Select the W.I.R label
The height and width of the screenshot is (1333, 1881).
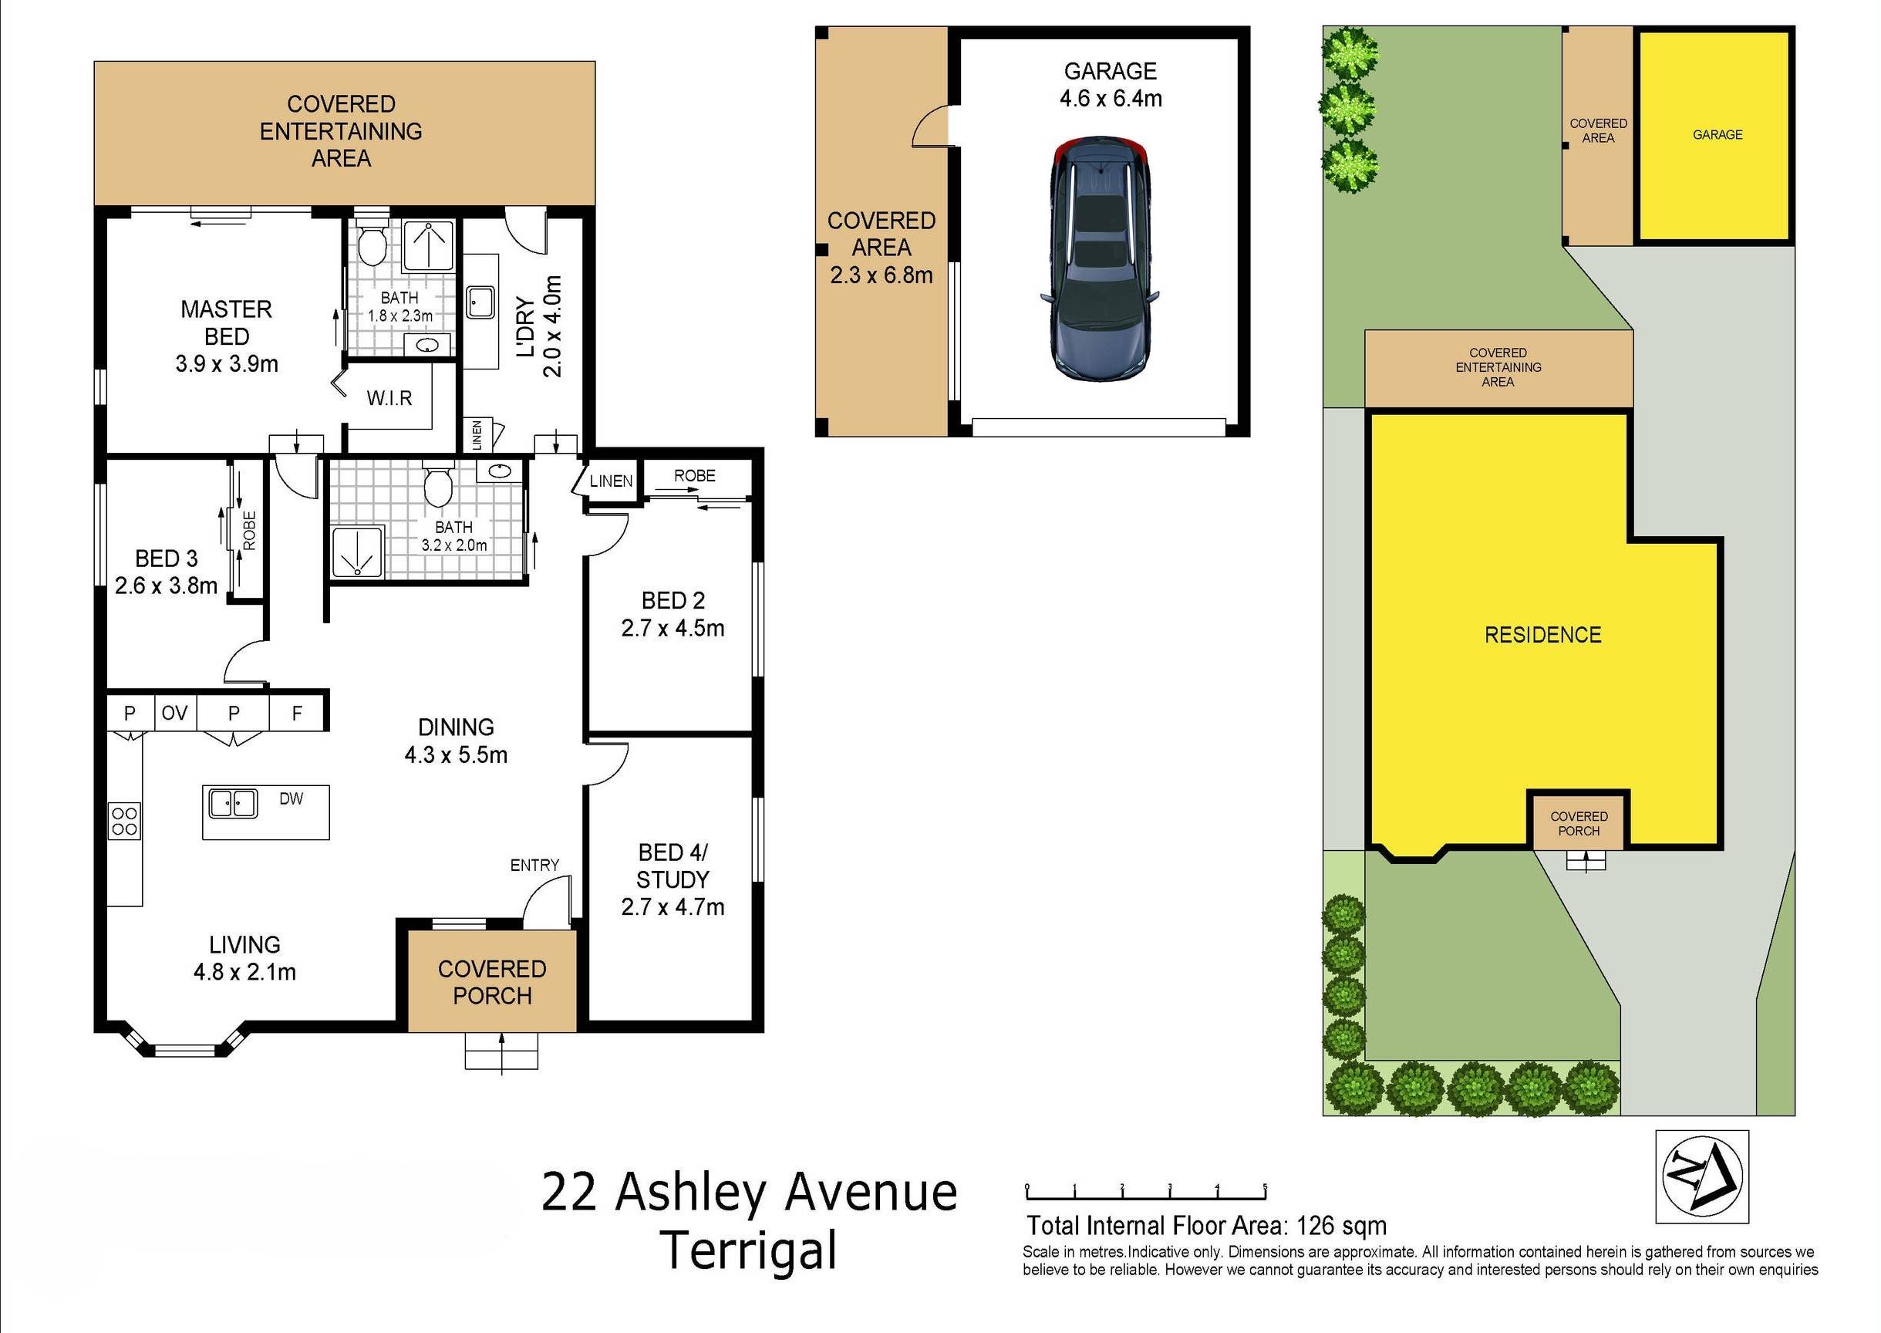[389, 399]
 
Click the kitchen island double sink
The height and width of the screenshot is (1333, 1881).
[233, 804]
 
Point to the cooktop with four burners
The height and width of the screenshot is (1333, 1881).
[125, 821]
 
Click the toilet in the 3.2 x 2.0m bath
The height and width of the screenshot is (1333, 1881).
[437, 486]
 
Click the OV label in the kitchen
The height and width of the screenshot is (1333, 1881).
[174, 714]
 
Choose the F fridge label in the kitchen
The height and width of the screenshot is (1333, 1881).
[297, 714]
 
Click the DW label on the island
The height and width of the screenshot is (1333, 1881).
[292, 798]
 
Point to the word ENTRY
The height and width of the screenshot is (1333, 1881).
[534, 865]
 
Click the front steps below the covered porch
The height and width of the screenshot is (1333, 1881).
[501, 1051]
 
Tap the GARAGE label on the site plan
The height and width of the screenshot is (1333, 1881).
[1718, 135]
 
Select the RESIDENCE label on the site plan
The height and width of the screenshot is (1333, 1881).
[1543, 635]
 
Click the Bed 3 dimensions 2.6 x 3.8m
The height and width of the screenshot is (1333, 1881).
[166, 586]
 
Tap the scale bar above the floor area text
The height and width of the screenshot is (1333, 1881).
[1147, 1193]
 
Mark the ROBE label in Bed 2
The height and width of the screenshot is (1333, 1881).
[694, 476]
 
